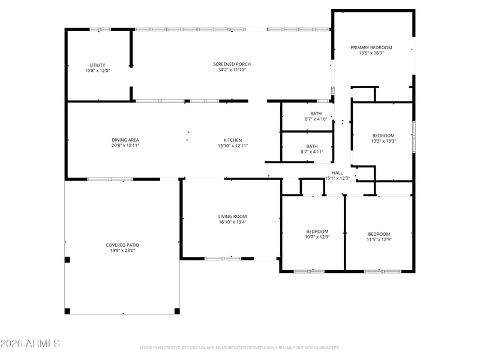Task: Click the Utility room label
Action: click(x=97, y=65)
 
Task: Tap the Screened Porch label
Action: click(x=232, y=64)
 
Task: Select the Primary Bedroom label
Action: click(x=371, y=47)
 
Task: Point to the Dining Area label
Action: click(x=125, y=140)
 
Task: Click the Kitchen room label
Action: click(x=233, y=140)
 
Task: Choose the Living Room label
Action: click(x=232, y=217)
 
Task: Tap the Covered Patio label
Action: click(x=122, y=245)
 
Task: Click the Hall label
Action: click(x=337, y=173)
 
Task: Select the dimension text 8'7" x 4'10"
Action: click(x=316, y=119)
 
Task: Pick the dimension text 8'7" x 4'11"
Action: click(x=312, y=152)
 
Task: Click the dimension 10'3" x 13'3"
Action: click(x=383, y=141)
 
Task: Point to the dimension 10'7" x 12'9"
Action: click(x=317, y=237)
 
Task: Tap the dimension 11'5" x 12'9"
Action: click(x=379, y=239)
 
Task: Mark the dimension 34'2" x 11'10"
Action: click(x=232, y=70)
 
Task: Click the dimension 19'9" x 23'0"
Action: click(x=122, y=250)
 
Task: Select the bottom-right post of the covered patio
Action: click(x=177, y=311)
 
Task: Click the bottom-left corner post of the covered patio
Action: click(x=67, y=311)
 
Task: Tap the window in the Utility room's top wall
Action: click(x=100, y=29)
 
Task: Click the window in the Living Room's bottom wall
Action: click(x=223, y=259)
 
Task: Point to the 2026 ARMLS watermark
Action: click(x=30, y=343)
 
